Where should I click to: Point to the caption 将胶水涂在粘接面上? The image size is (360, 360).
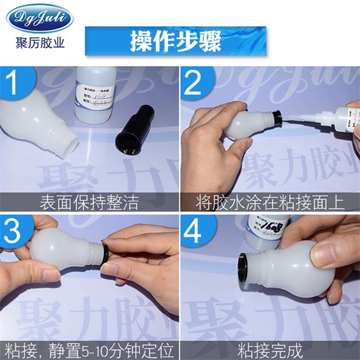[270, 202]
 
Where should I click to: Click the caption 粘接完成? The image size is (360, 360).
[270, 350]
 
